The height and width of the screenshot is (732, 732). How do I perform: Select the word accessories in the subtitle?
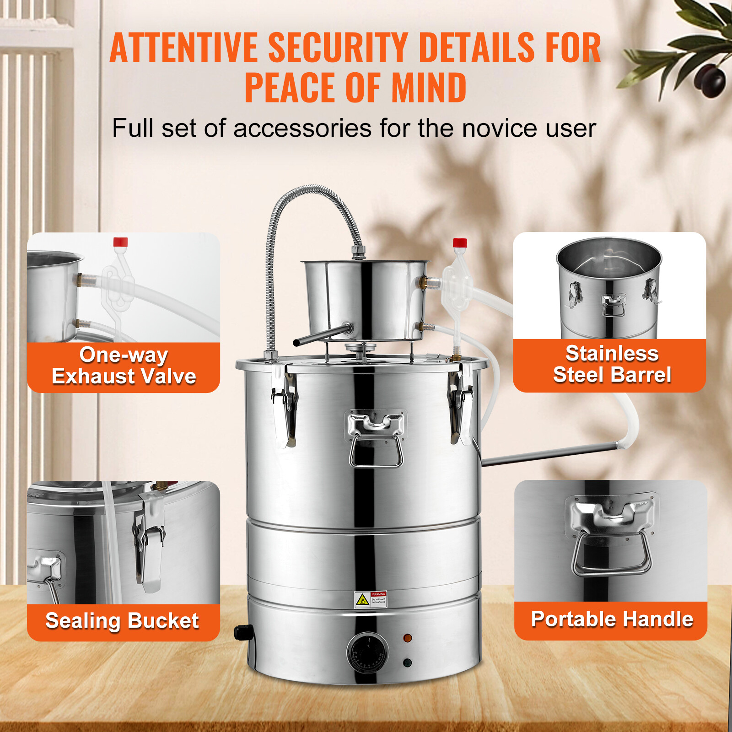coord(302,128)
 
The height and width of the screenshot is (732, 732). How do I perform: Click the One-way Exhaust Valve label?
coord(124,366)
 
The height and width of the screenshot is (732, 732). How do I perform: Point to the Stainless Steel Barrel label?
coord(612,364)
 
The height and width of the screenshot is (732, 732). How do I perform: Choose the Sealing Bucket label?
coord(122,621)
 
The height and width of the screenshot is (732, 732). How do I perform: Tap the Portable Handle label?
coord(612,619)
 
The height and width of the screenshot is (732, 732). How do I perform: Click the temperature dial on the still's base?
coord(367,652)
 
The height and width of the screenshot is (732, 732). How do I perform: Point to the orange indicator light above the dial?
coord(407,638)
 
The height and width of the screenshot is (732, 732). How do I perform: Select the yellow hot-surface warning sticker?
coord(363,599)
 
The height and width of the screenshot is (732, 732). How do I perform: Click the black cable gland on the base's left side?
coord(243,632)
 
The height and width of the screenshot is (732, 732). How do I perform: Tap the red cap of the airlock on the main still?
coord(459,242)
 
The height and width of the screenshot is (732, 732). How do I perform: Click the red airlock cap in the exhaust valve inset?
coord(120,242)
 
